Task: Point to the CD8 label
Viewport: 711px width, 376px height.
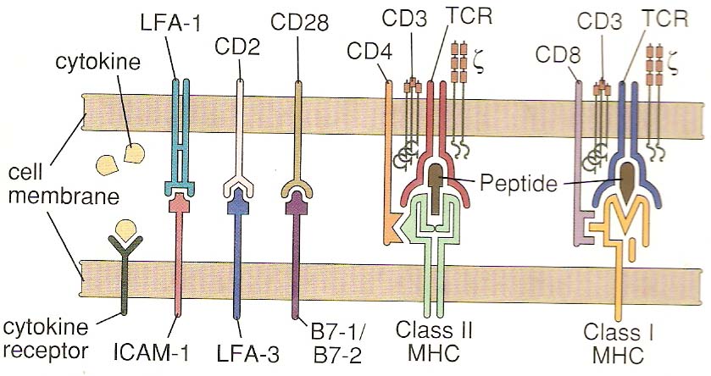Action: [555, 56]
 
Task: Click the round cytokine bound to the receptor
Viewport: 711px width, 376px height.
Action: [125, 229]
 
